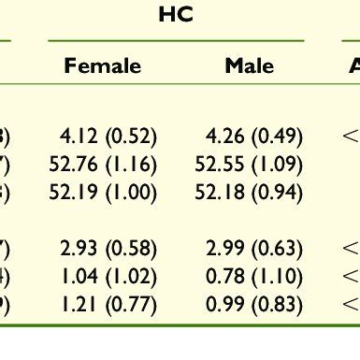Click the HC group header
[175, 16]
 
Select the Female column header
[103, 66]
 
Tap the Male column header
[250, 66]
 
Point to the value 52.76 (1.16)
[103, 166]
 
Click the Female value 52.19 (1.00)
[103, 194]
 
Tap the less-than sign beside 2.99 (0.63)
[351, 250]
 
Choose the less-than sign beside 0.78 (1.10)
[351, 278]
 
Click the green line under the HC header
[176, 40]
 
